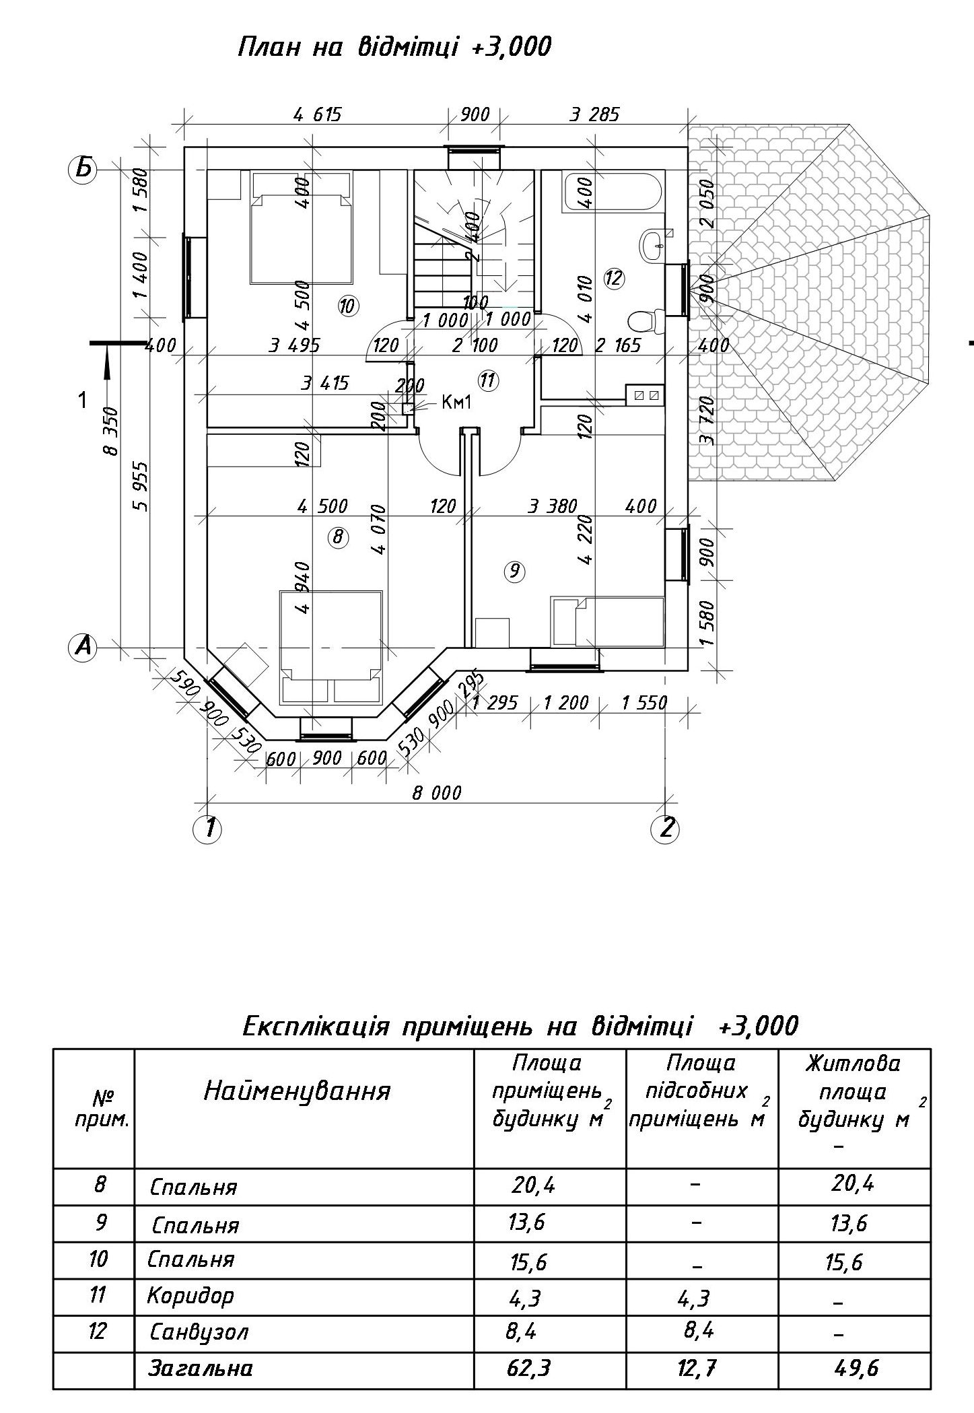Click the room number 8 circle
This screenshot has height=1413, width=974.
click(338, 537)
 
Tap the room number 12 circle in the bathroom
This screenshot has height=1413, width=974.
click(614, 278)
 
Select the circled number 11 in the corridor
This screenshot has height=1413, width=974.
click(487, 381)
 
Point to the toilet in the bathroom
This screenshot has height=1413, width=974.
click(646, 321)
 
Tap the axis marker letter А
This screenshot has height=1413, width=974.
click(83, 648)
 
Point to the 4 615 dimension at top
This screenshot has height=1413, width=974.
click(318, 114)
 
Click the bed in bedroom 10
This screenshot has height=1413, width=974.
click(302, 227)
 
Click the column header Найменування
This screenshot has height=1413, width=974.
click(297, 1090)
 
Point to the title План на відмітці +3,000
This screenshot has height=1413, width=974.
click(395, 47)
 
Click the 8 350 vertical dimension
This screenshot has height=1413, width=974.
click(110, 431)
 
